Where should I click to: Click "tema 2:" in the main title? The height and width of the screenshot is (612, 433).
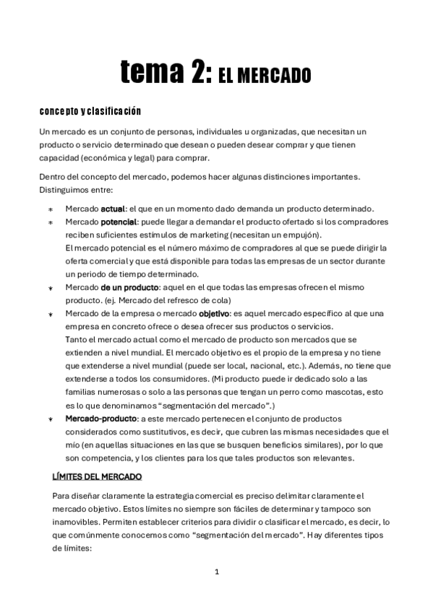pyautogui.click(x=166, y=73)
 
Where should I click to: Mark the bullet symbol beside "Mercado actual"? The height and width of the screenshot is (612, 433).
pyautogui.click(x=50, y=209)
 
